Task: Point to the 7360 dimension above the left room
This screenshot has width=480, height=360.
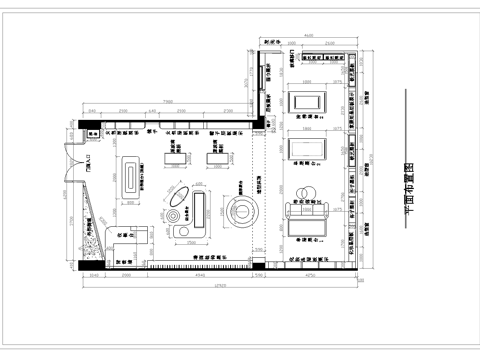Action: click(169, 101)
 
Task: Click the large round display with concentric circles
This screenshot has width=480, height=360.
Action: click(240, 211)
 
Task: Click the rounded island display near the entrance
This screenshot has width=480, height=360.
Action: click(130, 177)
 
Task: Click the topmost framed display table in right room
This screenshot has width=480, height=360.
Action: click(306, 101)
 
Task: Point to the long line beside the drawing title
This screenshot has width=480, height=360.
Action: click(401, 160)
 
